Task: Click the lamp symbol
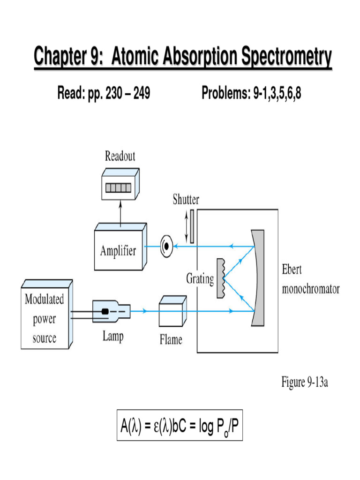tap(112, 310)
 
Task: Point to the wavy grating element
tap(222, 278)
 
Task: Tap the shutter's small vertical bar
tap(192, 226)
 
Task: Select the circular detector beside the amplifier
tap(165, 246)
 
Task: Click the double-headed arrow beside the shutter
tap(186, 226)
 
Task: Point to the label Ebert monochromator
tap(310, 280)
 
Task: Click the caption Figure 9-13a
tap(304, 382)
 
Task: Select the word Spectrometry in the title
tap(286, 58)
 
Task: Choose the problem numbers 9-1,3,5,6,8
tap(277, 94)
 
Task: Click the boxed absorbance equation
tap(180, 426)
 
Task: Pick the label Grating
tap(200, 279)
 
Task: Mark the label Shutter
tap(186, 200)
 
